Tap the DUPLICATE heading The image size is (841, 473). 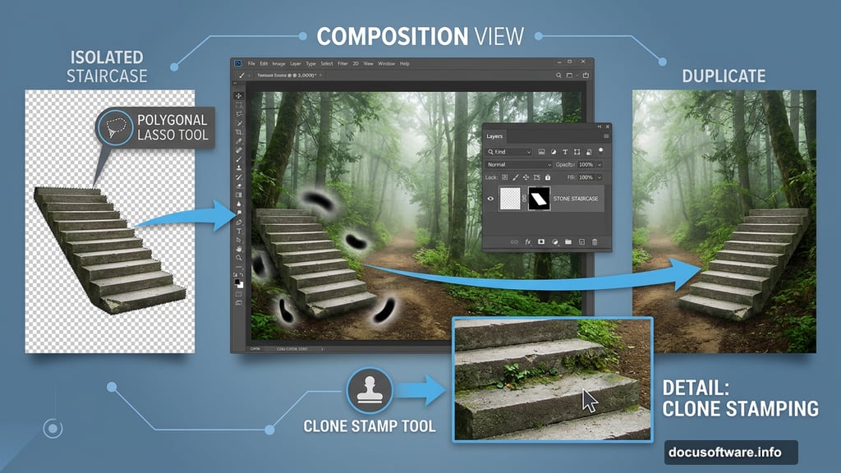[x=724, y=76]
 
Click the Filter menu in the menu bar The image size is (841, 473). [x=342, y=63]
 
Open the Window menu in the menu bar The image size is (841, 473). [x=386, y=63]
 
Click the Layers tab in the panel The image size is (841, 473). [x=494, y=136]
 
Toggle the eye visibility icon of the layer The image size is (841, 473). [x=491, y=198]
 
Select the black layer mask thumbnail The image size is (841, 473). [x=538, y=198]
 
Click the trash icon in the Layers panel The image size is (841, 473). [x=595, y=242]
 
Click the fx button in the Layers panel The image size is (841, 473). [x=528, y=242]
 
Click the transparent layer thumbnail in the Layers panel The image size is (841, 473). [x=512, y=198]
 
